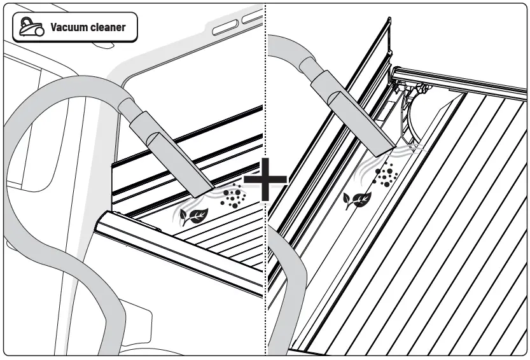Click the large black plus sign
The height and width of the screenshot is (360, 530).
click(x=265, y=183)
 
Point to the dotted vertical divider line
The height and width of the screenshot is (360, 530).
click(x=265, y=95)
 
